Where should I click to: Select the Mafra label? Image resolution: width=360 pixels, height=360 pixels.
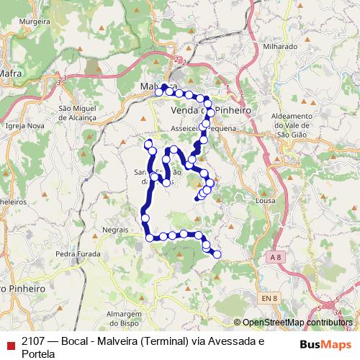(x=11, y=73)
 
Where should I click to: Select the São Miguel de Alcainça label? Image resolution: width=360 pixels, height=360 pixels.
(x=78, y=112)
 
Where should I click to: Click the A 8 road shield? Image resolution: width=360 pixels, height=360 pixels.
(x=274, y=257)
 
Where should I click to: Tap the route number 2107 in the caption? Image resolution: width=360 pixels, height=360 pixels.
(x=34, y=341)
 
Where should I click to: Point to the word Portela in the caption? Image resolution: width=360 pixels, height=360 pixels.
(x=39, y=354)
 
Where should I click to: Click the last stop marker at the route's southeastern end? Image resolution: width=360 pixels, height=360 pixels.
(x=217, y=254)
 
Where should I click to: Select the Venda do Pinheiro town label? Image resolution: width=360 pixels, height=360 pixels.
(x=212, y=112)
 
